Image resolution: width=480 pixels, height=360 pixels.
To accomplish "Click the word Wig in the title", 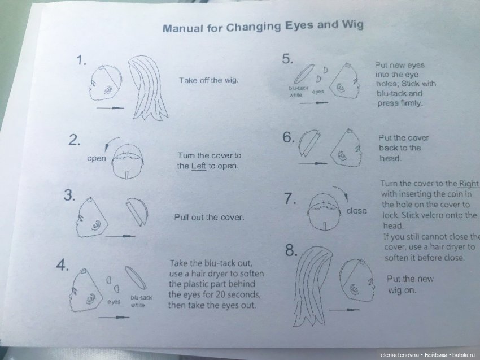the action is pyautogui.click(x=352, y=24).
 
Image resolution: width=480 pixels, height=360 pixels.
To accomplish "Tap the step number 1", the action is pyautogui.click(x=81, y=60).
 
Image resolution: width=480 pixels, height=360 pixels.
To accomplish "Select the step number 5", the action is pyautogui.click(x=287, y=59).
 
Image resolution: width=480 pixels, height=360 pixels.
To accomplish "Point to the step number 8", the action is pyautogui.click(x=291, y=250).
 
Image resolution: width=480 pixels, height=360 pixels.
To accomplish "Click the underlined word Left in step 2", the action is pyautogui.click(x=199, y=166).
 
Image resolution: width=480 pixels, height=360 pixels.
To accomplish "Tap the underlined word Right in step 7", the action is pyautogui.click(x=468, y=183).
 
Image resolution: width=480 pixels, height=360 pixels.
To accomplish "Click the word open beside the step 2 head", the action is pyautogui.click(x=97, y=158).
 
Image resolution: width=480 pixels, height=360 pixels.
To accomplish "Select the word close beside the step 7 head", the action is pyautogui.click(x=356, y=211).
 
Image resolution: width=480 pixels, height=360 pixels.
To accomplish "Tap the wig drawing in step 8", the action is pyautogui.click(x=312, y=285).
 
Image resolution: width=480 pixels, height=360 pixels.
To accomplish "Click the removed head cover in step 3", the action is pyautogui.click(x=137, y=211).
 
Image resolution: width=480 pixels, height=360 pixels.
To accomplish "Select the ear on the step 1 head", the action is pyautogui.click(x=108, y=89).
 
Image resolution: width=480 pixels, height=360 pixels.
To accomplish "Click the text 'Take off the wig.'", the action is pyautogui.click(x=208, y=80).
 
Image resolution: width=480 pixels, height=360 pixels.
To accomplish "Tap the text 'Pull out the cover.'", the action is pyautogui.click(x=209, y=217).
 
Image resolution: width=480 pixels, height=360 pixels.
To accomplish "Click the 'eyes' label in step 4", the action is pyautogui.click(x=114, y=302).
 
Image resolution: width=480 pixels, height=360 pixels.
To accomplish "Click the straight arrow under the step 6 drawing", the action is pyautogui.click(x=312, y=163).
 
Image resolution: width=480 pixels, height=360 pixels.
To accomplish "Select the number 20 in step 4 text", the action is pyautogui.click(x=221, y=294).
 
